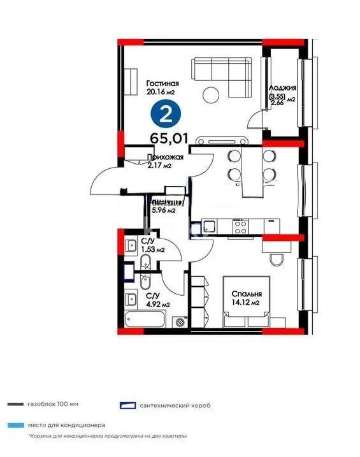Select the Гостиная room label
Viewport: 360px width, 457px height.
(x=162, y=83)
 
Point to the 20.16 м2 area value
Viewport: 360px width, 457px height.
(x=161, y=92)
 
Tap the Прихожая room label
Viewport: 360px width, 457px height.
(x=165, y=157)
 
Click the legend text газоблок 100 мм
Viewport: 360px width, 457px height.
(x=54, y=405)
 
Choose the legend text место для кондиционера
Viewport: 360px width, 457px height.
(x=66, y=424)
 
